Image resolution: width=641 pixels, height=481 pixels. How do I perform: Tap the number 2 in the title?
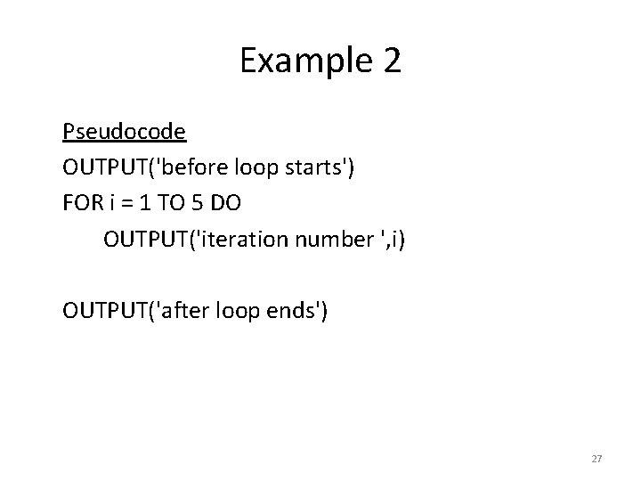pyautogui.click(x=391, y=61)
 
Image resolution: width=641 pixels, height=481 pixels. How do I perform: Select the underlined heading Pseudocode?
pyautogui.click(x=124, y=132)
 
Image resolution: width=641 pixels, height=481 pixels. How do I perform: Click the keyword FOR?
pyautogui.click(x=81, y=203)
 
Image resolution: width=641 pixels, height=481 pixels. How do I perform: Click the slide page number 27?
pyautogui.click(x=596, y=459)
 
